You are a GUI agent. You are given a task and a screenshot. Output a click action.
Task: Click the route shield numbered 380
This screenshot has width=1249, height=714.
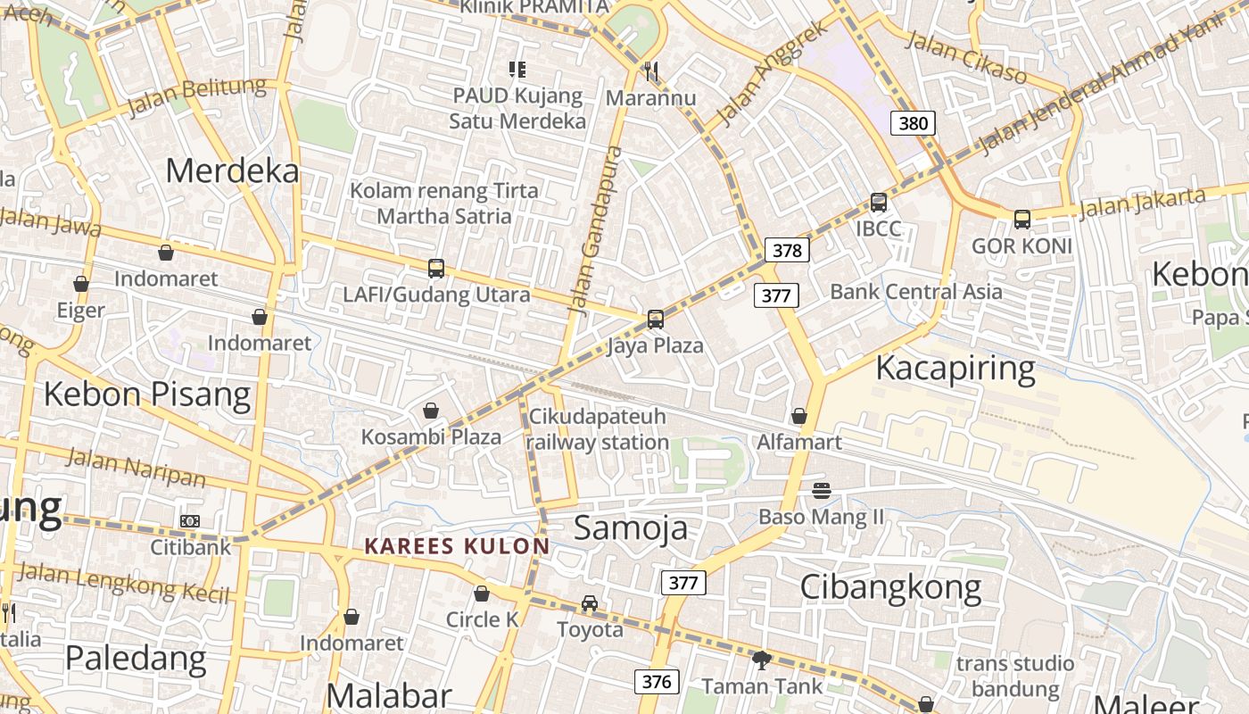tap(913, 123)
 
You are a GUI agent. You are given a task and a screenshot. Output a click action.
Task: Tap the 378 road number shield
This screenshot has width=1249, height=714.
tap(786, 251)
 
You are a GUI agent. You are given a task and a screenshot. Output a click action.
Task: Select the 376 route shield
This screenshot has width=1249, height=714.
tap(657, 682)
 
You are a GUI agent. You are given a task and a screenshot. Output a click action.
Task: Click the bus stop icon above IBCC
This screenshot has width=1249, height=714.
tap(879, 203)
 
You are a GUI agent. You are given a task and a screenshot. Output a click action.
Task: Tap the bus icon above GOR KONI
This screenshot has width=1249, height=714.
tap(1022, 219)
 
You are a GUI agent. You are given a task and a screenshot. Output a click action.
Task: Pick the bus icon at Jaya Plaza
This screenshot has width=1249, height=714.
tap(656, 319)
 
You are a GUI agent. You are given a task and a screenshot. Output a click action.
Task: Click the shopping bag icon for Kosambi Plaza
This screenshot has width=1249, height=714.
tap(431, 411)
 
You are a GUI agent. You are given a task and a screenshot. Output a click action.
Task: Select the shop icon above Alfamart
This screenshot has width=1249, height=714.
tap(799, 416)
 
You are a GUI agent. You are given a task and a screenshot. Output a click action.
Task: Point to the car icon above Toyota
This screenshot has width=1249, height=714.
tap(590, 603)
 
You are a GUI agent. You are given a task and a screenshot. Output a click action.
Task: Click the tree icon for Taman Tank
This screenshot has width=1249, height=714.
tap(762, 660)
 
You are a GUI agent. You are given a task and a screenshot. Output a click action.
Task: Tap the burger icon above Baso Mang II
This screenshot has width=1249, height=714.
tap(822, 490)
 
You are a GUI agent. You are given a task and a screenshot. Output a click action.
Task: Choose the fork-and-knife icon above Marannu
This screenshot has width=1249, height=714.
tap(651, 71)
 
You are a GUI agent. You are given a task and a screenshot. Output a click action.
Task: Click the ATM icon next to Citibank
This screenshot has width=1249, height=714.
tap(189, 520)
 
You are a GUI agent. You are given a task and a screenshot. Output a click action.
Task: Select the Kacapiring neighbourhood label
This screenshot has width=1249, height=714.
tap(955, 368)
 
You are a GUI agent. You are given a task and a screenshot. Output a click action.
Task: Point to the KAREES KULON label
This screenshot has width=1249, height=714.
tap(457, 546)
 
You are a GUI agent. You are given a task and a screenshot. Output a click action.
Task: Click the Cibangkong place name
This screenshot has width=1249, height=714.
tap(890, 587)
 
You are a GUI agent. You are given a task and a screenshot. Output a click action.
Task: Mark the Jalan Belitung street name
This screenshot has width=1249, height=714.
tap(197, 96)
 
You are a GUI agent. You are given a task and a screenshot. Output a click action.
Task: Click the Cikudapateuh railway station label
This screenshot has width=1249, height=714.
tap(597, 429)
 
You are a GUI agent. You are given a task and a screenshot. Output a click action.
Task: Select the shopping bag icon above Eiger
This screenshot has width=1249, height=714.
tap(81, 284)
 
